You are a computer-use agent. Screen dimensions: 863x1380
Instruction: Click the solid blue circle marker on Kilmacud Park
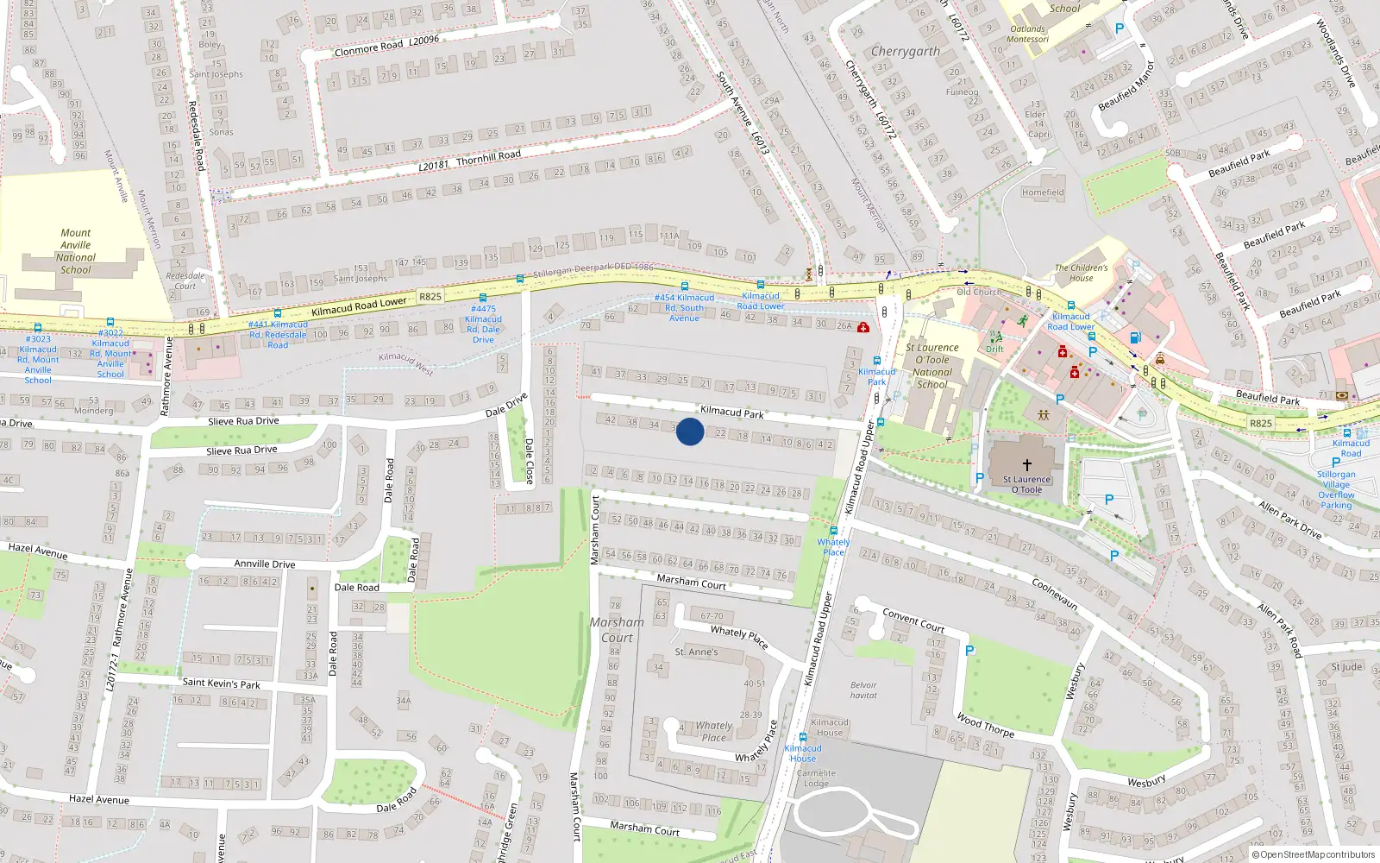(689, 431)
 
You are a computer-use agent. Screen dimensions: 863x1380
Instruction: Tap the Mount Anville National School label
(76, 251)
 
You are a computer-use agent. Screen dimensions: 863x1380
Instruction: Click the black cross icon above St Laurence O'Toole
(1026, 464)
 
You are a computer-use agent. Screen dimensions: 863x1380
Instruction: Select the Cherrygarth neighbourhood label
(906, 52)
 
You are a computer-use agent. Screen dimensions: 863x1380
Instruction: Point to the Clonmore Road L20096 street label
(386, 46)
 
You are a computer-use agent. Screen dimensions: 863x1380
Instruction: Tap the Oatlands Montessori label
(1028, 34)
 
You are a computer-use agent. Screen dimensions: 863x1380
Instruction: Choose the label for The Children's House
(1081, 273)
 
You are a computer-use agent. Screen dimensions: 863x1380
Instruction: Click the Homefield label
(1043, 192)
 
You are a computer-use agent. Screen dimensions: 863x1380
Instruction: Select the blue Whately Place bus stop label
(833, 547)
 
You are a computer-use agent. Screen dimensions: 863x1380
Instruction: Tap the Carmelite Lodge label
(816, 778)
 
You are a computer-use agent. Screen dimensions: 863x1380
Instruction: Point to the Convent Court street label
(913, 620)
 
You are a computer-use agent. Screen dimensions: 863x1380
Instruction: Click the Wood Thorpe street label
(985, 725)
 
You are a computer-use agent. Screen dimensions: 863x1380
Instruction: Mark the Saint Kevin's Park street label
(221, 683)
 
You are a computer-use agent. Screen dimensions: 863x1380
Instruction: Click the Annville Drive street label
(265, 564)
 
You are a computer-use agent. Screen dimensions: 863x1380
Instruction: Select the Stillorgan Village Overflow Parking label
(1336, 489)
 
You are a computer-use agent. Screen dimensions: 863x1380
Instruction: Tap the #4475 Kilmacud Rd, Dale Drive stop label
(483, 324)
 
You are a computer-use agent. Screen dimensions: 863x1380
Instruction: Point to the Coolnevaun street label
(1055, 594)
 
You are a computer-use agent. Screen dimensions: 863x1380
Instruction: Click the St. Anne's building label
(696, 652)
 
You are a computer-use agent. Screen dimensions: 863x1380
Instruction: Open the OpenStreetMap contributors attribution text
(1317, 855)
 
